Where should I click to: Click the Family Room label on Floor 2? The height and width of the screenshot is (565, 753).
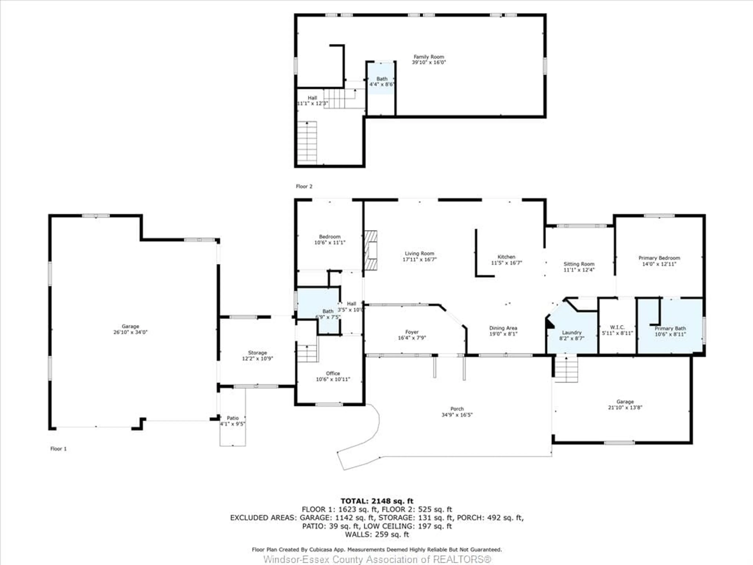429,57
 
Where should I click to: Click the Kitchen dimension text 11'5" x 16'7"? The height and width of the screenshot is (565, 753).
506,262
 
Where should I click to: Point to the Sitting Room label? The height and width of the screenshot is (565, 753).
579,264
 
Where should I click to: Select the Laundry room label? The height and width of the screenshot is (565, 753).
572,332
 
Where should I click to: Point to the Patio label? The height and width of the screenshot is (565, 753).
233,418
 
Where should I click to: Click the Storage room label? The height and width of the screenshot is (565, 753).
257,353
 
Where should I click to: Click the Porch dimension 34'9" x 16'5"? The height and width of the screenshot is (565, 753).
457,415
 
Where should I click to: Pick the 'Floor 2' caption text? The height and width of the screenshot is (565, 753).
304,186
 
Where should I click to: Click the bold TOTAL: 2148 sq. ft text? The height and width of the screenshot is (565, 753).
377,501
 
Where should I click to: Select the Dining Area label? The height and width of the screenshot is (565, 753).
503,328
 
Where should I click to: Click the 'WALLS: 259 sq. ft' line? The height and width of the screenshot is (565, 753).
377,534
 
